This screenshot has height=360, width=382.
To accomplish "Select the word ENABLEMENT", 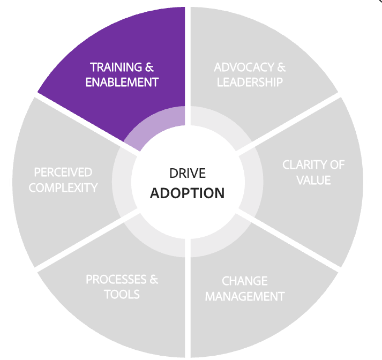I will click(x=122, y=82).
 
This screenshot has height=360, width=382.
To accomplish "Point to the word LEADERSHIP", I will click(x=250, y=82).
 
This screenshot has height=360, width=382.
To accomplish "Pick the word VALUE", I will click(x=313, y=179).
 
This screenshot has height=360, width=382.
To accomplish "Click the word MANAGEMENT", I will click(x=245, y=296).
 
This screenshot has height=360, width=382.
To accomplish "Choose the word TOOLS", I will click(x=122, y=294).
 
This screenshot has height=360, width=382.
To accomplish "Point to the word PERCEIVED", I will click(x=63, y=172).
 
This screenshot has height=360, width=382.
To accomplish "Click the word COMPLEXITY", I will click(x=63, y=187).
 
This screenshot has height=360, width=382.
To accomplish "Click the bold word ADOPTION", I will click(x=187, y=193).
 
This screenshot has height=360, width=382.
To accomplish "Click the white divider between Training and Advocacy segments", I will click(x=188, y=54).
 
